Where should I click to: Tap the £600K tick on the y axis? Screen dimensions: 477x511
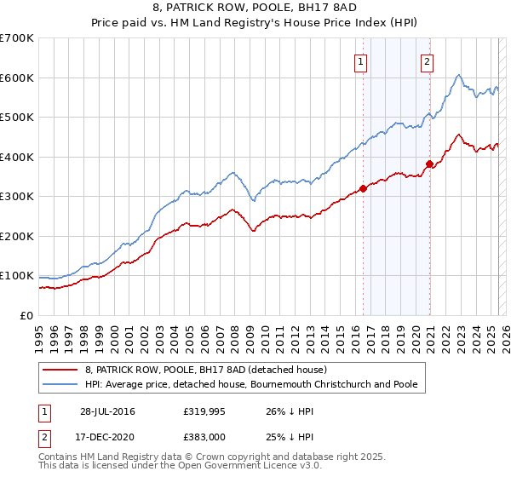coord(17,78)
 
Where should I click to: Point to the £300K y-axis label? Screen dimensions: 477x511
coord(17,197)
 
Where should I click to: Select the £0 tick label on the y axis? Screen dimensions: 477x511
coord(27,316)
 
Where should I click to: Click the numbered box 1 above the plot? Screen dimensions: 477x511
coord(361,61)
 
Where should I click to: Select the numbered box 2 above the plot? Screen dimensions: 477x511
coord(426,61)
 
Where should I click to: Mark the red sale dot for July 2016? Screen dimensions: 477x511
coord(363,188)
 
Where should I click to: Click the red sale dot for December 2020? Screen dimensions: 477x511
coord(429,164)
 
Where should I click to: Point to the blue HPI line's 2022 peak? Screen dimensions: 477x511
coord(458,76)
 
